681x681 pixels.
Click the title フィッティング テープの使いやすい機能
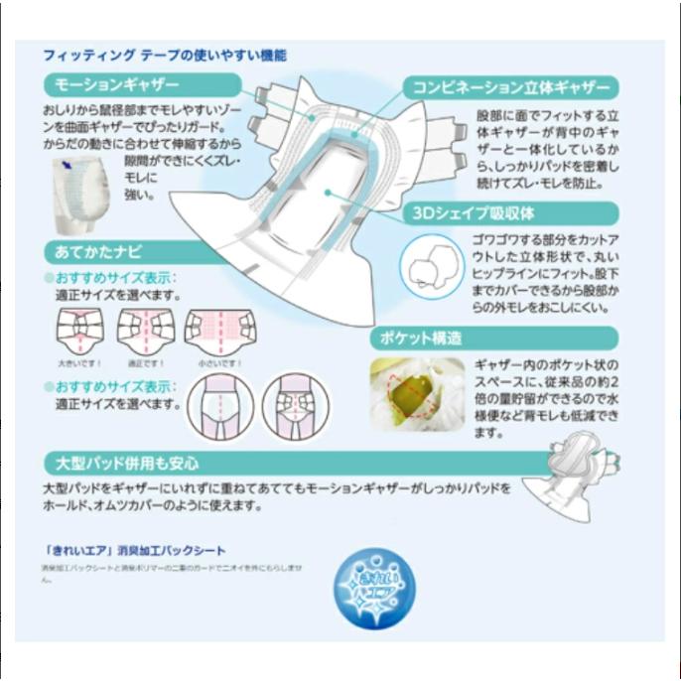pos(165,56)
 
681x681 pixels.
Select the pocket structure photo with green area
pos(417,394)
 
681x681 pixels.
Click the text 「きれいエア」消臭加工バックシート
pos(139,550)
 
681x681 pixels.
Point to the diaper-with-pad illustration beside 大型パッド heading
pos(574,481)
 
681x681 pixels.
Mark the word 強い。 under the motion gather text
pos(141,195)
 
